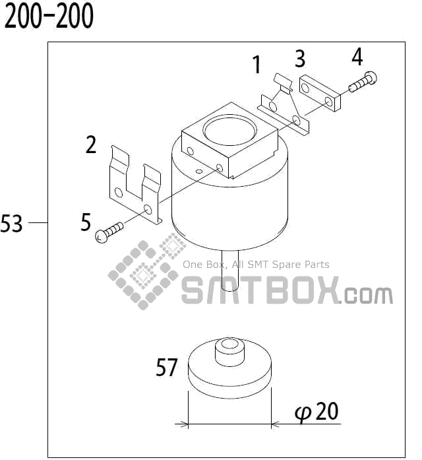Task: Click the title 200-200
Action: (49, 18)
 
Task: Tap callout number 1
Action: (257, 65)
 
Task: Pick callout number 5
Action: (86, 222)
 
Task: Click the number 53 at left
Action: (12, 224)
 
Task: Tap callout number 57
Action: (167, 367)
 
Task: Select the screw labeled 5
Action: (109, 232)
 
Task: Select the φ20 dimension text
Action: (316, 412)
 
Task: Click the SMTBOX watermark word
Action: (260, 290)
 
